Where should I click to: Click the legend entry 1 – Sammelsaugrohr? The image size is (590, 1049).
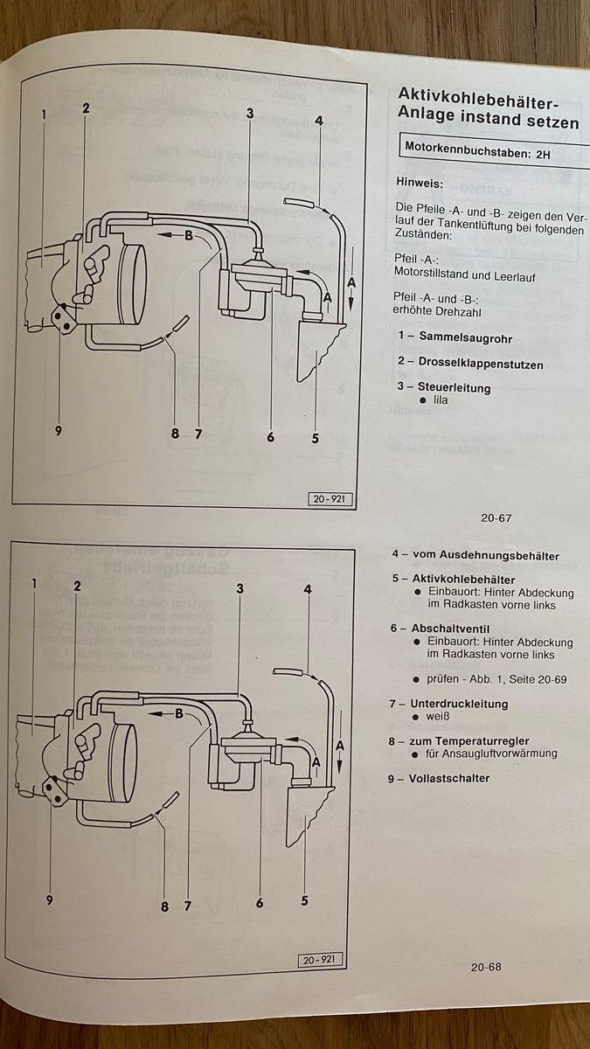click(453, 337)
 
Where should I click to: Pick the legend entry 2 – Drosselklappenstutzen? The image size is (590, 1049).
click(469, 364)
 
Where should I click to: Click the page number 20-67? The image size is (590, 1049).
click(496, 518)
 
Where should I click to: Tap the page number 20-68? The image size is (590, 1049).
click(485, 967)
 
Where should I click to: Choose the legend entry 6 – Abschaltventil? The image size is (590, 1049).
click(440, 629)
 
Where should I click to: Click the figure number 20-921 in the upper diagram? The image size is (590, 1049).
click(326, 499)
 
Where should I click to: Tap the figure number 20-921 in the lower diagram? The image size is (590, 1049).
click(318, 961)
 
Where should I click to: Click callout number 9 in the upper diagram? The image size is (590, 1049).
click(58, 430)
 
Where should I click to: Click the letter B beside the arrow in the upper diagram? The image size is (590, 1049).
click(188, 234)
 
